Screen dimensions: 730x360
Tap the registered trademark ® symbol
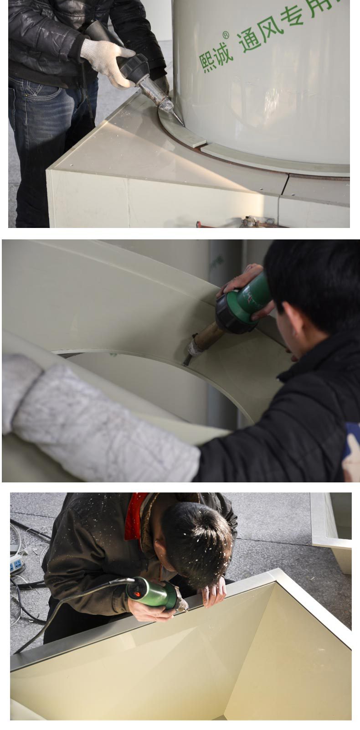(x=226, y=35)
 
